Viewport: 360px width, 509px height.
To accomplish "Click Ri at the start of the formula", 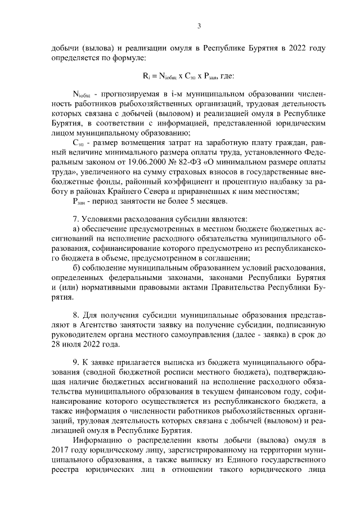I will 146,75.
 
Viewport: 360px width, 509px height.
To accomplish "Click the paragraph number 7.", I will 75,219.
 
